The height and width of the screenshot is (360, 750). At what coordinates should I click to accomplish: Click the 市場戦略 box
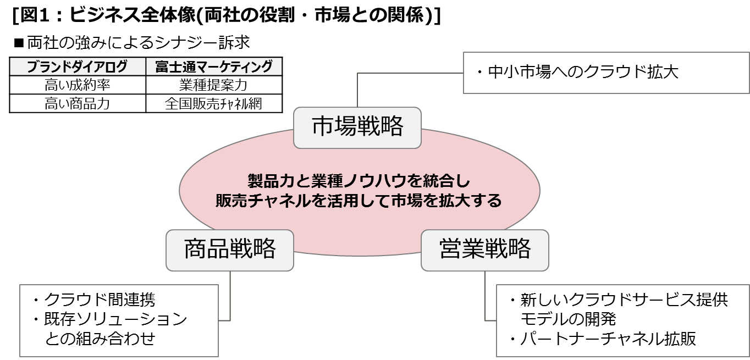coord(357,128)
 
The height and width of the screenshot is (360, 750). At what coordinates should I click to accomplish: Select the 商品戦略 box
coord(230,250)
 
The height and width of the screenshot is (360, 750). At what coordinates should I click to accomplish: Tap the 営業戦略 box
coord(484,250)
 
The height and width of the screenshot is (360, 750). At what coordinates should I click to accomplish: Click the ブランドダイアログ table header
coord(78,67)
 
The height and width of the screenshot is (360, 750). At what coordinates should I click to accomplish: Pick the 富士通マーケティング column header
coord(214,67)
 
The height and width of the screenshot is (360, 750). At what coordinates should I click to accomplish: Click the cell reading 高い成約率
coord(78,85)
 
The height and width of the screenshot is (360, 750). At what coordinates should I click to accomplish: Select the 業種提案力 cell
coord(214,85)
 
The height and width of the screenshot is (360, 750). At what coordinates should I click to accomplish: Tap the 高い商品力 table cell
coord(78,104)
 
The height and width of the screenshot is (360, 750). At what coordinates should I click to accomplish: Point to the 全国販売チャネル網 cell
coord(214,104)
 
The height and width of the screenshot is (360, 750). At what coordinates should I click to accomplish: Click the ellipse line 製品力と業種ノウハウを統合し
coord(359,181)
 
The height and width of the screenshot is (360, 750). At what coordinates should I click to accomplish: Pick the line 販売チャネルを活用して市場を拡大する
coord(359,201)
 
